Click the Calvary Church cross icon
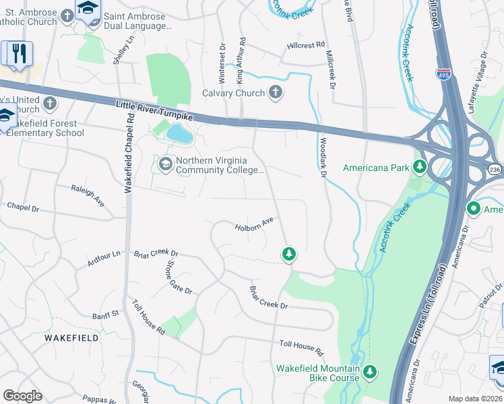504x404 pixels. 275,92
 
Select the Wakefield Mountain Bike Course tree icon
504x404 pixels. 369,371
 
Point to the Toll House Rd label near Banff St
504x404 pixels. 148,317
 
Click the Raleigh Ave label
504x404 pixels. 88,194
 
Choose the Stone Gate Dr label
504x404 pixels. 179,281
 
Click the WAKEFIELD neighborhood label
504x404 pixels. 67,336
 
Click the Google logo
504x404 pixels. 22,395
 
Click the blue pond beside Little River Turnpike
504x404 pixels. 179,134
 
